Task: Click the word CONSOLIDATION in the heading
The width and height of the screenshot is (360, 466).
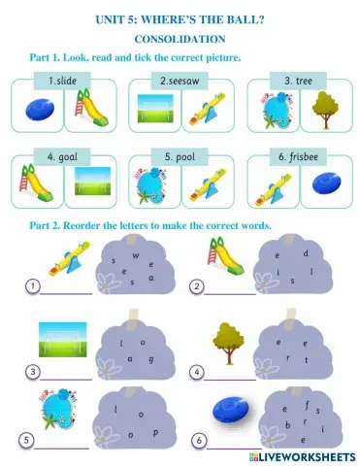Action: (179, 39)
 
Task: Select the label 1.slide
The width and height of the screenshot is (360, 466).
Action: (56, 81)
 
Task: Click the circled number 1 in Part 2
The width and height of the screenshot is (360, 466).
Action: (33, 286)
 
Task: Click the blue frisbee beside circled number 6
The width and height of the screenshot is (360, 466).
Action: (237, 405)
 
